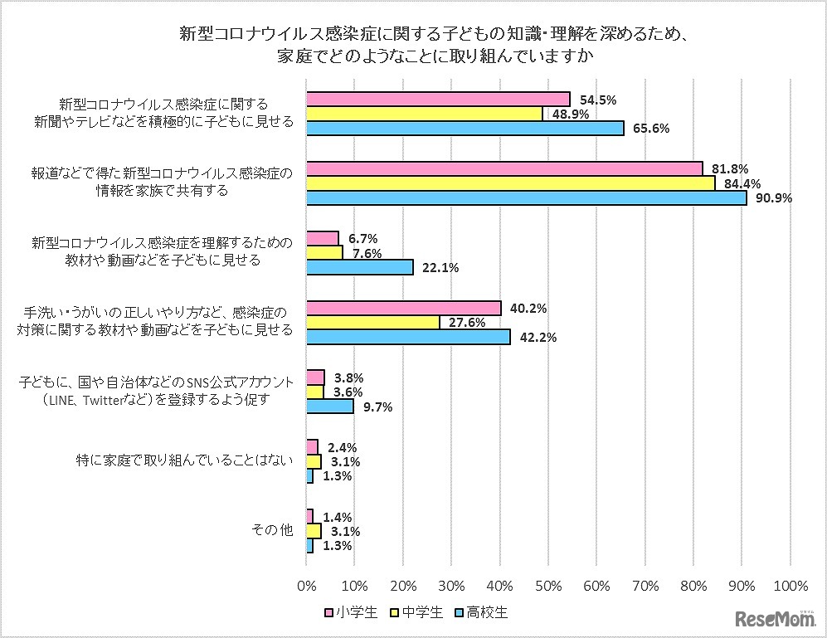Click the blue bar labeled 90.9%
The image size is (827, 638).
(x=527, y=197)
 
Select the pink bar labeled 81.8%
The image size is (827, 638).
(x=504, y=168)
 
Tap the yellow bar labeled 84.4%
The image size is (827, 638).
(x=511, y=183)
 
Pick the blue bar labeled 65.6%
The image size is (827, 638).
(x=465, y=128)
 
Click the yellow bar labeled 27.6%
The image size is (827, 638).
(x=373, y=323)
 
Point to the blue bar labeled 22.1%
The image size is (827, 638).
(x=360, y=267)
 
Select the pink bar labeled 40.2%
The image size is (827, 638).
(x=404, y=309)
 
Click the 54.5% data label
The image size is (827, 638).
(x=596, y=100)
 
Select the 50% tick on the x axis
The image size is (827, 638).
(x=548, y=586)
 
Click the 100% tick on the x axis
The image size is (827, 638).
(x=790, y=586)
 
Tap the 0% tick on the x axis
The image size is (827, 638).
(x=307, y=586)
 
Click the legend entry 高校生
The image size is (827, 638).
(x=487, y=614)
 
